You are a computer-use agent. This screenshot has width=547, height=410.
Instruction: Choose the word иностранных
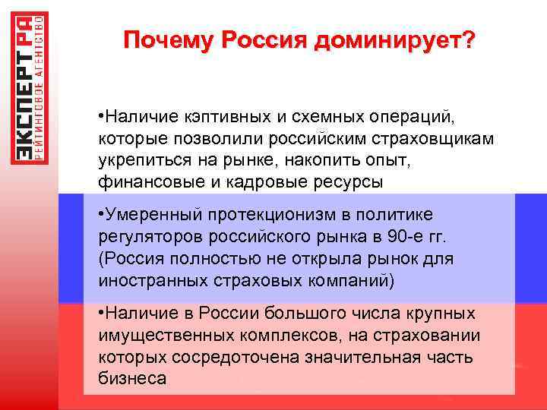146,280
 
